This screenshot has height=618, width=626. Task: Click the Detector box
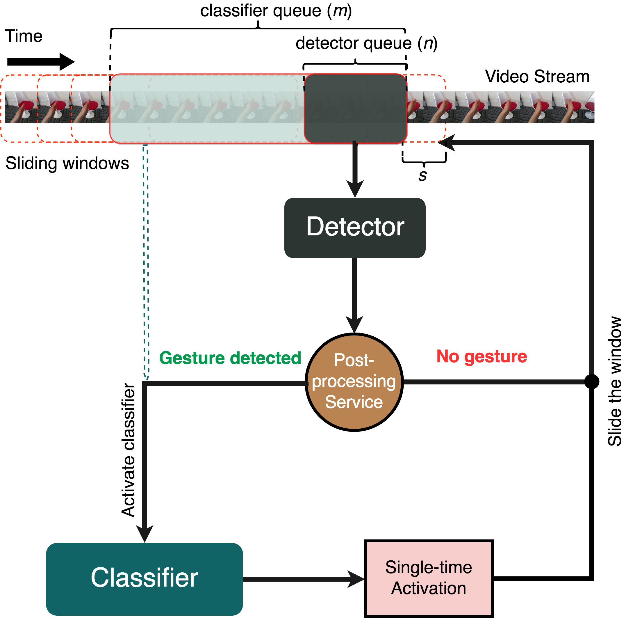point(354,228)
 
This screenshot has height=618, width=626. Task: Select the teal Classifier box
point(144,578)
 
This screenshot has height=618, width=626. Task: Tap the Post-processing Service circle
point(354,382)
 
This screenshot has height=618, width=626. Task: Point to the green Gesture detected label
point(230,358)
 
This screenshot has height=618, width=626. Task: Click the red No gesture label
point(481,356)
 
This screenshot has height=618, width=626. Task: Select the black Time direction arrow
point(40,62)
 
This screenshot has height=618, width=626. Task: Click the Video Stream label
point(537,77)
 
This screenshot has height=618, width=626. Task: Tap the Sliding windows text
point(67,163)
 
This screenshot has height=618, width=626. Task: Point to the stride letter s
point(422,175)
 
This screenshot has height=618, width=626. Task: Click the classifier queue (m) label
point(276,11)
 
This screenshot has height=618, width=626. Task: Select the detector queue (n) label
point(366,43)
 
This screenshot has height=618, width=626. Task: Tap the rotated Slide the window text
point(614,381)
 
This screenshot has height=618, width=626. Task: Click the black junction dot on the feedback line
point(591,382)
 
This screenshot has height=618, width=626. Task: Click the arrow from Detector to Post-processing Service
point(354,295)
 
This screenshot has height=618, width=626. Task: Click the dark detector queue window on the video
point(355,108)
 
